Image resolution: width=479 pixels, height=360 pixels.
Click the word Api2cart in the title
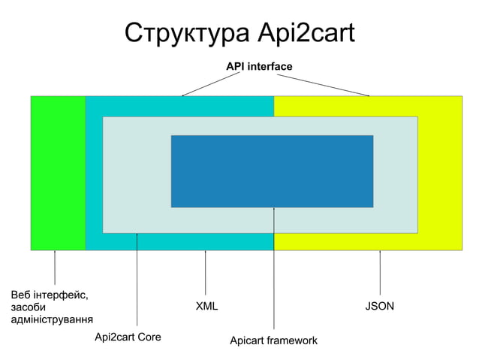pyautogui.click(x=306, y=34)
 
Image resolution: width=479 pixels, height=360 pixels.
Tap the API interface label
pyautogui.click(x=259, y=68)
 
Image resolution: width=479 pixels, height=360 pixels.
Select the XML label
pyautogui.click(x=206, y=307)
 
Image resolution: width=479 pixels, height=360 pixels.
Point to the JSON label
pyautogui.click(x=380, y=307)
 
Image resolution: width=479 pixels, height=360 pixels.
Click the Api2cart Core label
pyautogui.click(x=128, y=337)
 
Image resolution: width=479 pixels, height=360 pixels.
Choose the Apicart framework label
pyautogui.click(x=273, y=341)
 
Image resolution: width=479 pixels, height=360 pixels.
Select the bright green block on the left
pyautogui.click(x=58, y=173)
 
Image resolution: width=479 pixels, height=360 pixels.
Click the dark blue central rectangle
pyautogui.click(x=272, y=171)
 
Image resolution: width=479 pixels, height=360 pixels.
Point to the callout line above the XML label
pyautogui.click(x=206, y=272)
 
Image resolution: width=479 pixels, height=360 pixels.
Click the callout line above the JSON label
pyautogui.click(x=380, y=272)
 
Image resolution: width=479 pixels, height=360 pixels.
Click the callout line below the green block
pyautogui.click(x=55, y=268)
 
